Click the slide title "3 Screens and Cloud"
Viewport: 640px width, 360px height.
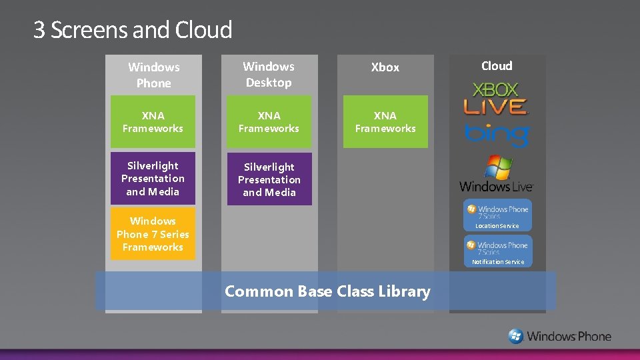click(x=133, y=30)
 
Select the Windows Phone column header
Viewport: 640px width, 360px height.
click(x=154, y=75)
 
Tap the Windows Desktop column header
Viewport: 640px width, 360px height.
click(x=269, y=74)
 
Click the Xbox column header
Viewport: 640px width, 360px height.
click(x=385, y=67)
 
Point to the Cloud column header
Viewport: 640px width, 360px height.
click(x=497, y=65)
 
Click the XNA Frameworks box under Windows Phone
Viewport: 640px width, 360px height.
click(x=153, y=121)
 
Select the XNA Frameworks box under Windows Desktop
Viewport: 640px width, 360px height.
click(x=269, y=121)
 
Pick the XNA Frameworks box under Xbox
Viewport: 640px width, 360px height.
click(x=385, y=121)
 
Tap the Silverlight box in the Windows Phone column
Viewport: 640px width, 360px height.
click(x=153, y=179)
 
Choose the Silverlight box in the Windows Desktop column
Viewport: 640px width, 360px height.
click(x=269, y=179)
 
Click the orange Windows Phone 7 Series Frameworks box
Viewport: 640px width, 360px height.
click(x=153, y=234)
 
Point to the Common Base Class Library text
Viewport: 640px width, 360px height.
click(x=327, y=291)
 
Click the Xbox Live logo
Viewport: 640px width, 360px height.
click(x=496, y=99)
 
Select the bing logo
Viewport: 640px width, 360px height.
click(x=497, y=135)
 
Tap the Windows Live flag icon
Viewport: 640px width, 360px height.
click(x=497, y=167)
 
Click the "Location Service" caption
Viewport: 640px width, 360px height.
click(x=497, y=226)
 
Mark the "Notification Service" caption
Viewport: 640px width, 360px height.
click(x=498, y=262)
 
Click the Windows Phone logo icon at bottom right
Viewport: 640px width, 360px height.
click(x=516, y=336)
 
